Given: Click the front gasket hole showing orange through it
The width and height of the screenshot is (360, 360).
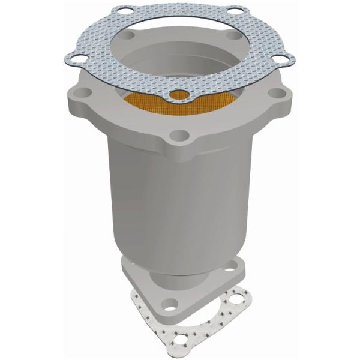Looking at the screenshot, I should (176, 95).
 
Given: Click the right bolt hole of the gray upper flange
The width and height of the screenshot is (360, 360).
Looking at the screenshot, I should (276, 94).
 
